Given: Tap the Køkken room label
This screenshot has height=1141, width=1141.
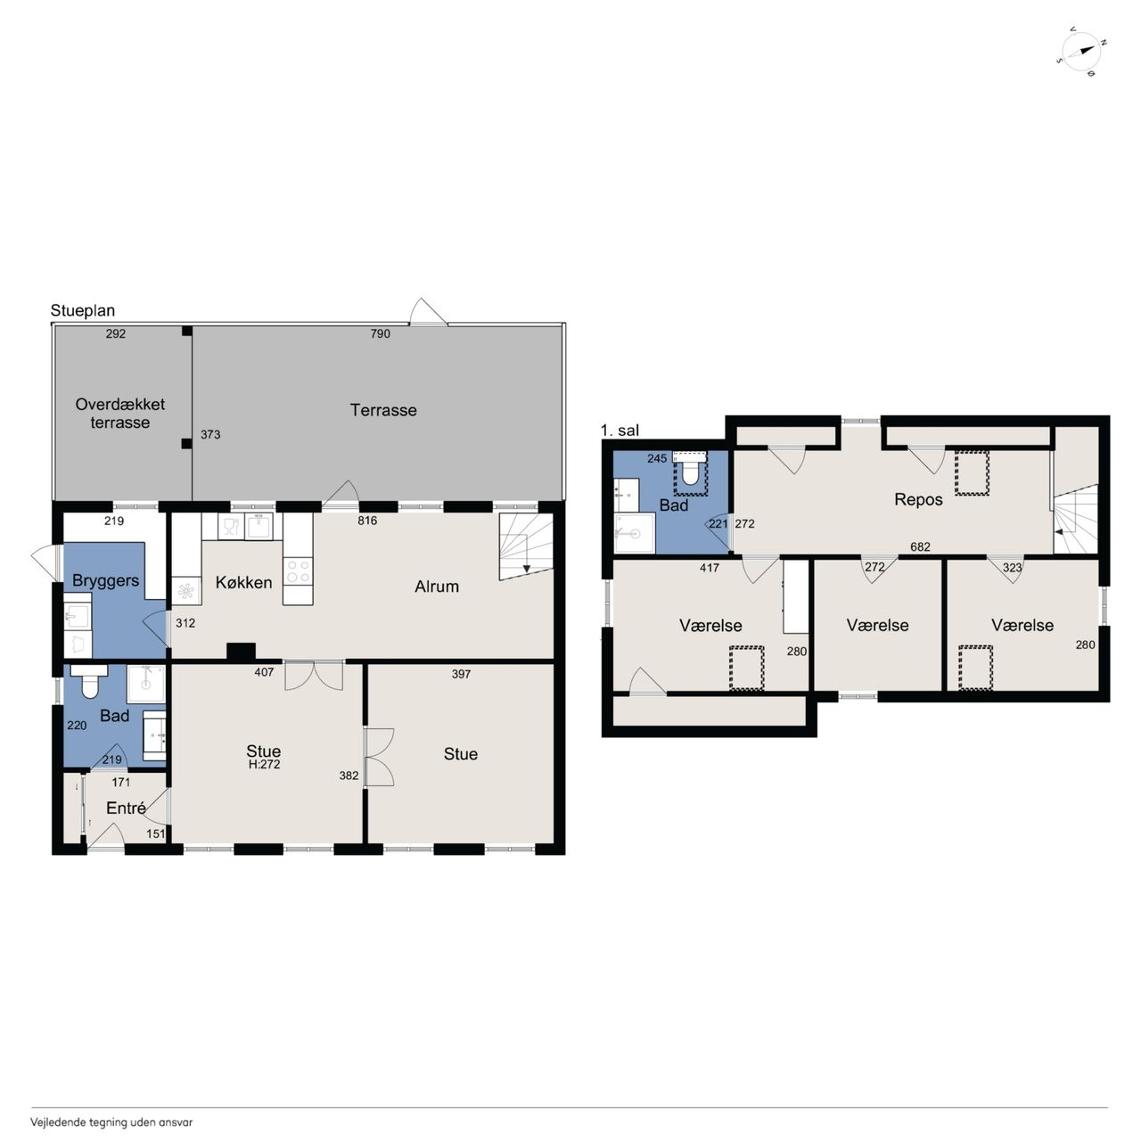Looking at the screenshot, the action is tap(243, 583).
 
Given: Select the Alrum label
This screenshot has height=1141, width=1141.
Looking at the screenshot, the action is tap(437, 587).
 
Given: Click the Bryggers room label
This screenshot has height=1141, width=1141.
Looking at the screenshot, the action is tap(105, 581).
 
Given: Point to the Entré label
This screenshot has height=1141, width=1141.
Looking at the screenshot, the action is tap(126, 808).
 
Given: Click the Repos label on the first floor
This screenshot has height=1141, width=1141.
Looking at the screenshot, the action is tap(918, 500).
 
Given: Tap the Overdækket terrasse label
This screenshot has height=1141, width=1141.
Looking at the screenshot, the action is tap(119, 414).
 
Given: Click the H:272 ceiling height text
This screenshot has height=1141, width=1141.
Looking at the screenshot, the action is tap(264, 765).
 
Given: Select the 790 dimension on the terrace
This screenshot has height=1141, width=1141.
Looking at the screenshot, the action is tap(380, 334).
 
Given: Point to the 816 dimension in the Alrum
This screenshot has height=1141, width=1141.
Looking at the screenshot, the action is tap(367, 521).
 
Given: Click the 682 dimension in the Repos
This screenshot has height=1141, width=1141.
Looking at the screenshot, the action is tap(920, 546).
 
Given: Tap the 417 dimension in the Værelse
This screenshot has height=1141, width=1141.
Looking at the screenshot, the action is tap(710, 568).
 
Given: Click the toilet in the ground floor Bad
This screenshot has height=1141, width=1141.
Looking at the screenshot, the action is tap(89, 680).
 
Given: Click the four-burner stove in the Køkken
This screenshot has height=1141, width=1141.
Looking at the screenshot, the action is tap(298, 571).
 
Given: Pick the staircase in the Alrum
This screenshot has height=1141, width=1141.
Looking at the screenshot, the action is tap(526, 546).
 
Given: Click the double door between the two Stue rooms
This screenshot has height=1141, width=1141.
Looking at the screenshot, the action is tap(380, 757).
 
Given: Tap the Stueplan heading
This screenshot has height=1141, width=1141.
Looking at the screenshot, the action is tap(82, 310).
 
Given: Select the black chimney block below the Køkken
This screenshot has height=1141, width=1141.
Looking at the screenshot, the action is tap(241, 652).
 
